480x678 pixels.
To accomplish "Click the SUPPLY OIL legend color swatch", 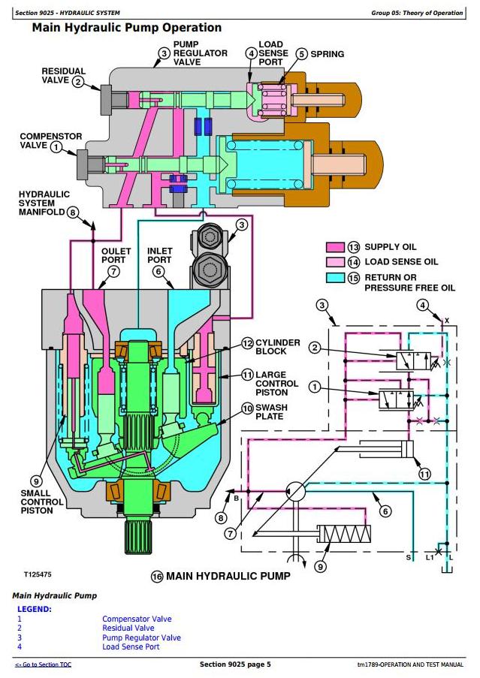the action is (335, 247).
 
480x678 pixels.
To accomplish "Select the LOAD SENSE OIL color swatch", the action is (335, 262).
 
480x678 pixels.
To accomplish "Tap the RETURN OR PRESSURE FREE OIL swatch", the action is (335, 278).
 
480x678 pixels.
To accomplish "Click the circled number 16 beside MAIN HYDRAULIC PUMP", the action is (157, 577).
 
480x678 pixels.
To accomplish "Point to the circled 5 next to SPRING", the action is (302, 54).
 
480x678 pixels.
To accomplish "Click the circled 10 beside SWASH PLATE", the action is (247, 408).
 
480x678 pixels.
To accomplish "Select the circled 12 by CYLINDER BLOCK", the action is (247, 343).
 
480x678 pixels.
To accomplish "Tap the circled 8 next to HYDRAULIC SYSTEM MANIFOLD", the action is (73, 212).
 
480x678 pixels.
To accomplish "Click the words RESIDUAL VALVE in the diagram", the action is (64, 75).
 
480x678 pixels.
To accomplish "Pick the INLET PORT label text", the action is (159, 255).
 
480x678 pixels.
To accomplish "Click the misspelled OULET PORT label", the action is (116, 255).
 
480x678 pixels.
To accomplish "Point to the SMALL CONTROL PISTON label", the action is (42, 502).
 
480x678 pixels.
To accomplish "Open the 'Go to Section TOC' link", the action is (44, 664).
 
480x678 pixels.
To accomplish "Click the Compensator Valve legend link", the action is (137, 619).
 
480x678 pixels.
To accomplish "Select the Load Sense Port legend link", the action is (131, 647).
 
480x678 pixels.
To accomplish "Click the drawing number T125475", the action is (38, 574).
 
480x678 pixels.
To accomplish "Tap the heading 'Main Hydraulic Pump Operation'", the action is (127, 28).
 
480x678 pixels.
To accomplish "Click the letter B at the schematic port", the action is (236, 498).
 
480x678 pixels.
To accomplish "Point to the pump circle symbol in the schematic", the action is (296, 491).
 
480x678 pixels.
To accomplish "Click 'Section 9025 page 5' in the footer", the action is (235, 664).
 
